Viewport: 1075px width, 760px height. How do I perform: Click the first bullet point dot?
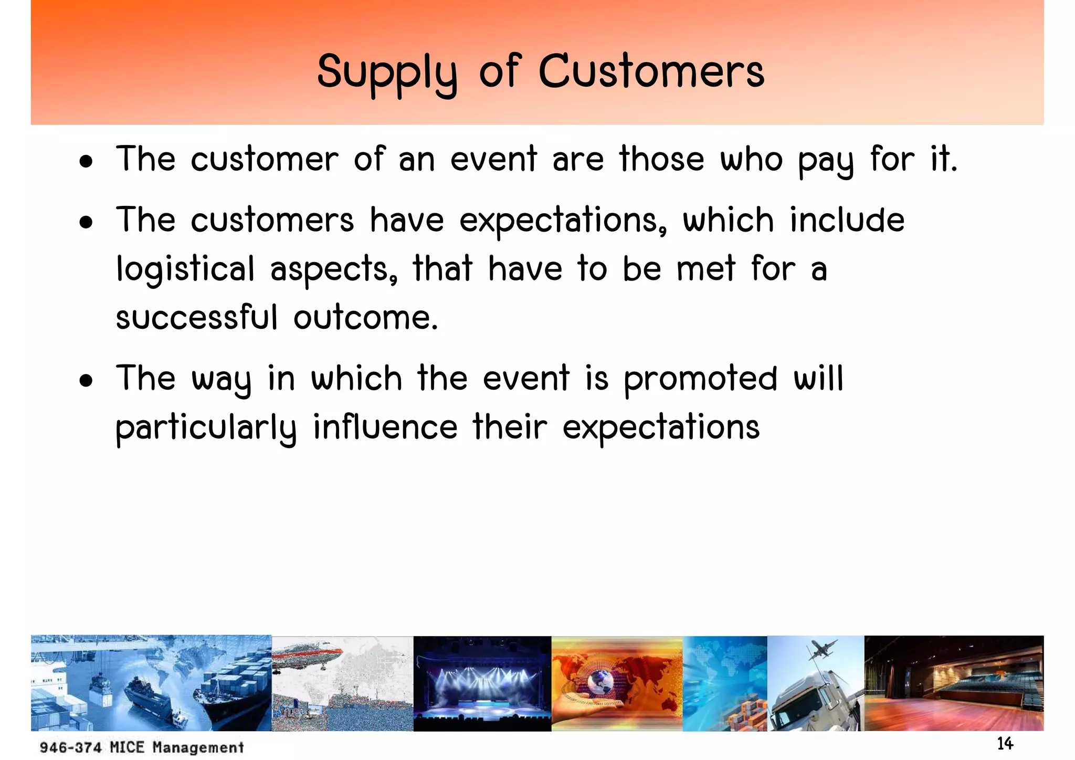(x=86, y=162)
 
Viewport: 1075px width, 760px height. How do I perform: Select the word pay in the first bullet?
(x=826, y=160)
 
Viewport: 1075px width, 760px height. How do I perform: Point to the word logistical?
(x=185, y=269)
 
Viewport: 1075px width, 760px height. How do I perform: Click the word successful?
(x=196, y=318)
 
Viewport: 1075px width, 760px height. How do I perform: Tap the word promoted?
(x=700, y=379)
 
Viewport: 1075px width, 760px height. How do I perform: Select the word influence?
(x=385, y=427)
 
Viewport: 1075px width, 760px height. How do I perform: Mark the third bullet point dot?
(x=86, y=381)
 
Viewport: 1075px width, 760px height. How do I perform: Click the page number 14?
(x=1005, y=744)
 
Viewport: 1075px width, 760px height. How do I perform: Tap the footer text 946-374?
(x=70, y=747)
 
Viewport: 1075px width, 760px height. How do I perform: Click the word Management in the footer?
(x=198, y=747)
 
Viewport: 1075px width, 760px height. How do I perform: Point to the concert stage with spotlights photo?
(x=482, y=683)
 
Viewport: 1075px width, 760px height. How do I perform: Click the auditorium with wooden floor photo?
(x=953, y=683)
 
